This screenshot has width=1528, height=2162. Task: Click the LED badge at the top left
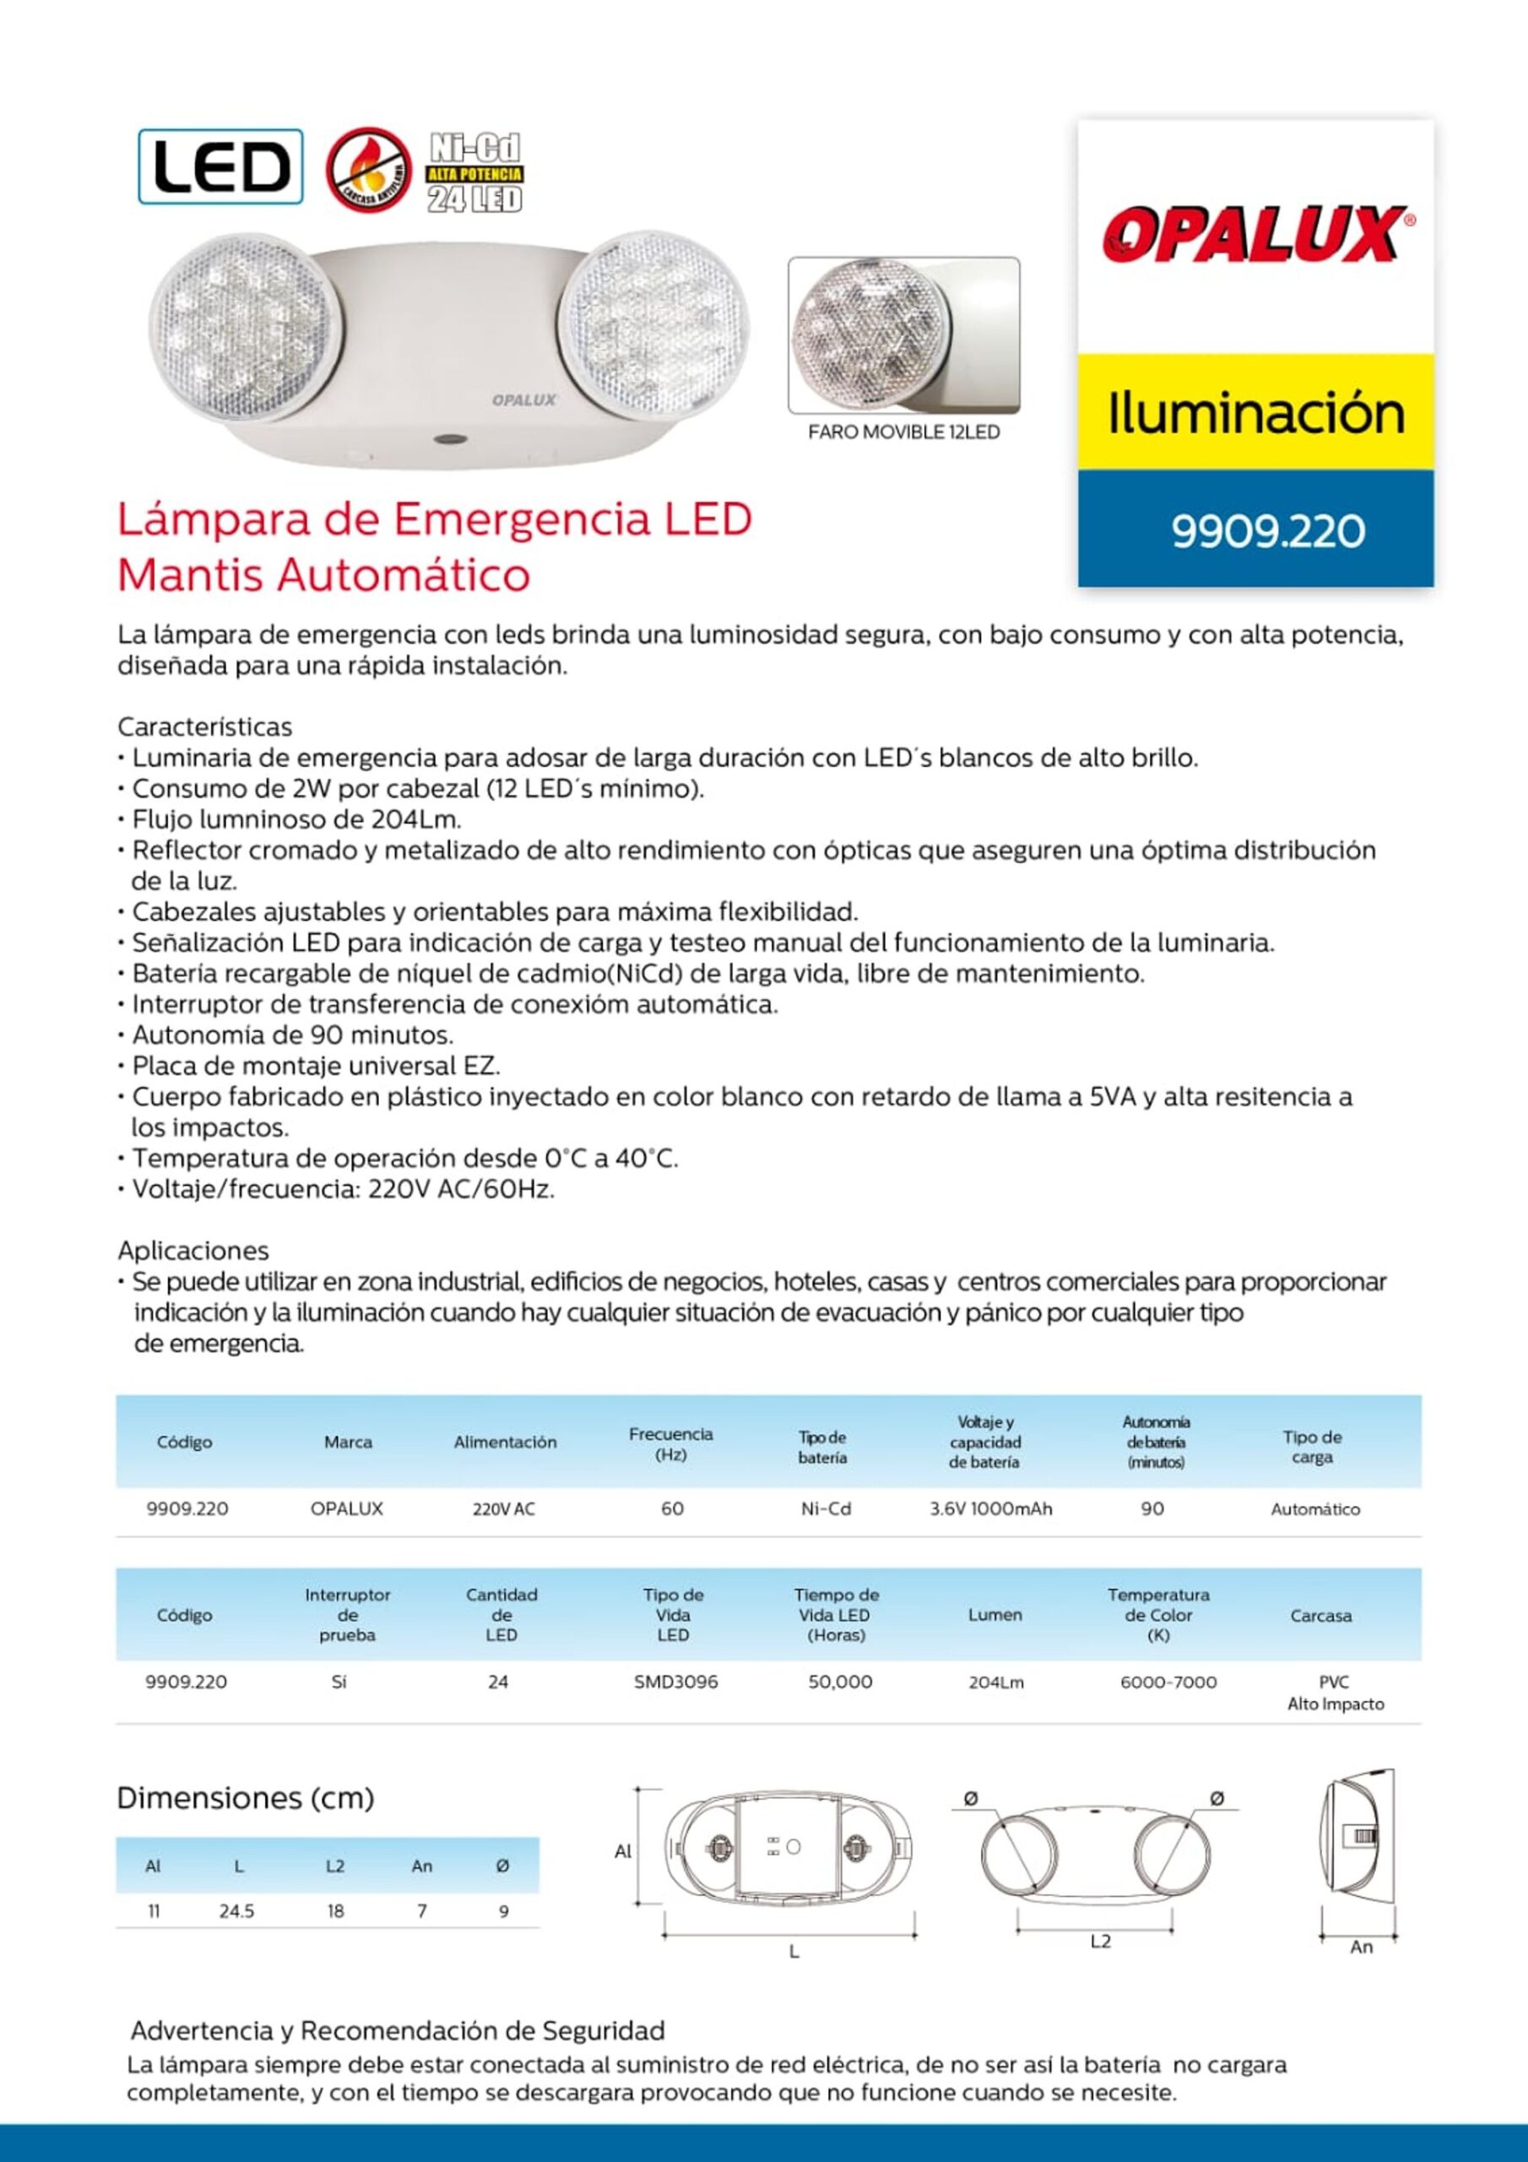[x=220, y=166]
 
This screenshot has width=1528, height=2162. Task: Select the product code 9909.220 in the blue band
[x=1267, y=531]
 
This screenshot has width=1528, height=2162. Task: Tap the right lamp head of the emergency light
[x=653, y=321]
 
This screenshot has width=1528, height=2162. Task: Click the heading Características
[x=204, y=727]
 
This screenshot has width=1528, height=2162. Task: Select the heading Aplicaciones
[x=193, y=1251]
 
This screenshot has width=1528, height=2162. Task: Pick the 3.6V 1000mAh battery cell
[x=990, y=1508]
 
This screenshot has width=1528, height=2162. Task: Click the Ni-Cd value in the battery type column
[x=826, y=1508]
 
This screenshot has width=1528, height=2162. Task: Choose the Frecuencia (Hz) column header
[x=670, y=1443]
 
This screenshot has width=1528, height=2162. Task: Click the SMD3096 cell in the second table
[x=675, y=1681]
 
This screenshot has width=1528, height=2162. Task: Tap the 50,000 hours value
[x=840, y=1681]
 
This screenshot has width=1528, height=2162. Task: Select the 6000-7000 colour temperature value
[x=1168, y=1681]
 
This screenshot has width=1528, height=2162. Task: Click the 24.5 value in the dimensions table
[x=236, y=1910]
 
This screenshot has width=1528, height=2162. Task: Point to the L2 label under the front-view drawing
[x=1100, y=1941]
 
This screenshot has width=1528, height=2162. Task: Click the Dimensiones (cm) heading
[x=245, y=1799]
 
